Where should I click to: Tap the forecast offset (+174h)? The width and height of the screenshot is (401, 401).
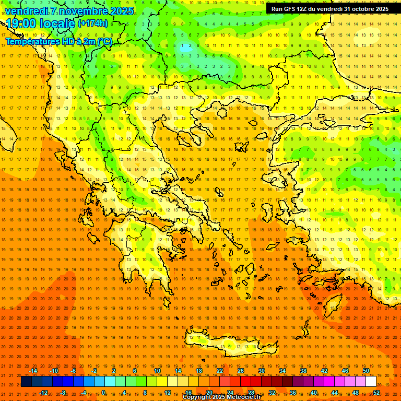point(93,23)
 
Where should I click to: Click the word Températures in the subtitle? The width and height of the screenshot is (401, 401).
point(32,41)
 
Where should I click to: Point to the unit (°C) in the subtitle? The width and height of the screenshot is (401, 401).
point(104,41)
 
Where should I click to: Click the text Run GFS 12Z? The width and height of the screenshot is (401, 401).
point(289,9)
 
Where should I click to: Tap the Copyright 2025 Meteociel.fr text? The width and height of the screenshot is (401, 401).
point(221,397)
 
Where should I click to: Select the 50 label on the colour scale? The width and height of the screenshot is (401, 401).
point(366,371)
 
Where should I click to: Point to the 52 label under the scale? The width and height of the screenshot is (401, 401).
point(376,392)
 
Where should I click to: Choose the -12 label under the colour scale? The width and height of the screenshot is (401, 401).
point(43,392)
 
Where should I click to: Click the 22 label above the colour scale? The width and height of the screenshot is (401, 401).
point(220,371)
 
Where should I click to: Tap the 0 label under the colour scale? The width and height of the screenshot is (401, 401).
point(103,392)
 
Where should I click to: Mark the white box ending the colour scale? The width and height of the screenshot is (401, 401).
point(371,382)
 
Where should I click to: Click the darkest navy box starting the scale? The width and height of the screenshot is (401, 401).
point(26,382)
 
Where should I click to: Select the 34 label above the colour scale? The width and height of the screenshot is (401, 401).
point(282,371)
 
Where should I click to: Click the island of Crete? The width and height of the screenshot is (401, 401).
point(225,344)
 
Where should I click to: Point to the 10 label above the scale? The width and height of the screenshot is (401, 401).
point(157,371)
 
